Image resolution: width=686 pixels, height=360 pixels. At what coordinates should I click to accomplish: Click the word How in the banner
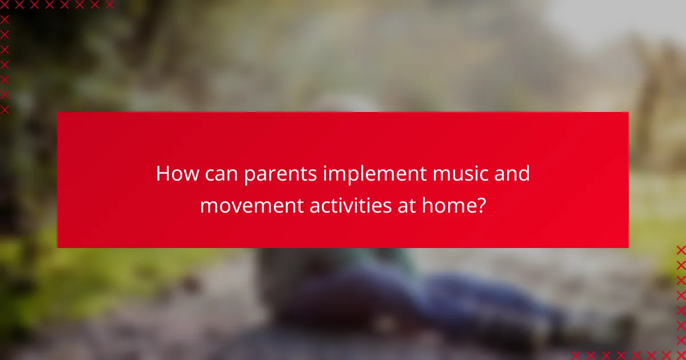pyautogui.click(x=173, y=174)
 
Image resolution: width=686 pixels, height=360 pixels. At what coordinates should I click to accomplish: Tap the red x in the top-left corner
pyautogui.click(x=5, y=5)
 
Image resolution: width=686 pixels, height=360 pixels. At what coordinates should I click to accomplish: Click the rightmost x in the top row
pyautogui.click(x=109, y=5)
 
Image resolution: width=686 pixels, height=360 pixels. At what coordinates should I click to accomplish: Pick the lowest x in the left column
pyautogui.click(x=5, y=109)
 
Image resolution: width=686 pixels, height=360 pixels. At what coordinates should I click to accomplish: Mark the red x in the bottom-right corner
pyautogui.click(x=680, y=355)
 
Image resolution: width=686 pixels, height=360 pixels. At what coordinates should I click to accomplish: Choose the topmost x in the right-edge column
pyautogui.click(x=680, y=250)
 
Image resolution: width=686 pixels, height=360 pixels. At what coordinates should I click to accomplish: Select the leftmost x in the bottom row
pyautogui.click(x=576, y=355)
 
